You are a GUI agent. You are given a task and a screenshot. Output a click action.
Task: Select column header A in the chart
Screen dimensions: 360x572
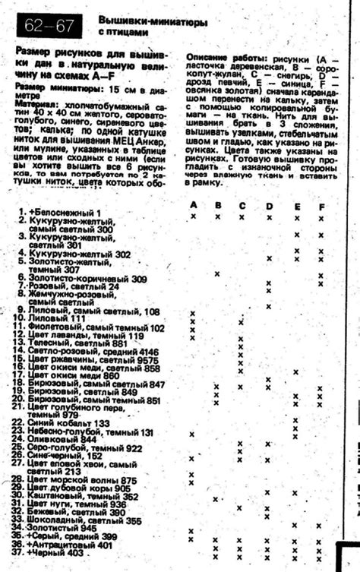194,206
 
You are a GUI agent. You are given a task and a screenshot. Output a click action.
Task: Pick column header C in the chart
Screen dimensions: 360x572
242,206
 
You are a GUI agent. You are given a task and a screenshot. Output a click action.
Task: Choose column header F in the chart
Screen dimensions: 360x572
322,207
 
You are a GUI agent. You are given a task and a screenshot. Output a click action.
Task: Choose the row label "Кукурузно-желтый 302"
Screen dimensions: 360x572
80,254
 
